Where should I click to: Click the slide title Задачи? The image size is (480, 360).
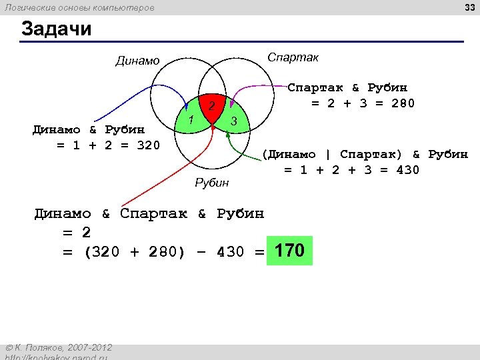coord(56,29)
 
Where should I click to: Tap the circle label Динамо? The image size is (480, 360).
coord(137,61)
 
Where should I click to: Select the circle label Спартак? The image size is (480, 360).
coord(293,57)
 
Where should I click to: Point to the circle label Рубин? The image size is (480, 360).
coord(211,183)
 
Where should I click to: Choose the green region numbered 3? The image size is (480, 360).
coord(233,121)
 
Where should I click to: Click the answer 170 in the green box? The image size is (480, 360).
coord(289,251)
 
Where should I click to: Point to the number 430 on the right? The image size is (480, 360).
coord(407,170)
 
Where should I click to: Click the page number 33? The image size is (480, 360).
coord(468,7)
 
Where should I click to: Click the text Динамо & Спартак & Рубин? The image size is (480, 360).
coord(149,214)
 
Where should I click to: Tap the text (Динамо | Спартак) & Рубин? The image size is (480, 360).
coord(365,155)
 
